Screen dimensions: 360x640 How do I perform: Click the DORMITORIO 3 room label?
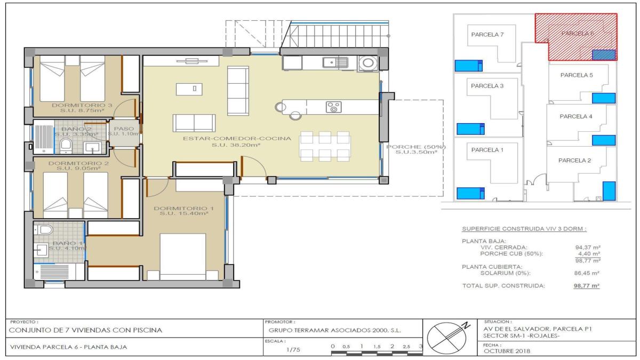[x=82, y=105]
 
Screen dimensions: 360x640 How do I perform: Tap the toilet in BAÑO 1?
[x=46, y=230]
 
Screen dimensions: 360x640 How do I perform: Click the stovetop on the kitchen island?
[x=334, y=107]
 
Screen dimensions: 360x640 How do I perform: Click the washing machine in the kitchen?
[x=367, y=63]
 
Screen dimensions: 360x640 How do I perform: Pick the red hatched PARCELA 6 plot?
[x=576, y=33]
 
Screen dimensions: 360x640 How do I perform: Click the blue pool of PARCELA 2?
[x=609, y=190]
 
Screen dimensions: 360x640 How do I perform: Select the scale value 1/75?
[x=293, y=349]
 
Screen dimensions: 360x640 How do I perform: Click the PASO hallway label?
[x=124, y=128]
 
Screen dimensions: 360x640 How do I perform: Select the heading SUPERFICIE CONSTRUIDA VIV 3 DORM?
[x=524, y=229]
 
